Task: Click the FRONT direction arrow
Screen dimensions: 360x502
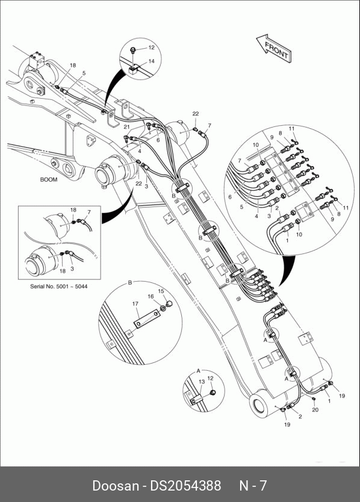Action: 274,48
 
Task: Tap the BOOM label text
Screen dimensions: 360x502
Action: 49,179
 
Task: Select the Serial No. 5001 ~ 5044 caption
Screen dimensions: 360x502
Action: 58,287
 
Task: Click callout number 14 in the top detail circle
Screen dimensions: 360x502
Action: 151,61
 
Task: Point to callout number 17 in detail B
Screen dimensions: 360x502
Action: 135,304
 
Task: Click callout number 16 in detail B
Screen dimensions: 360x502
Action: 151,297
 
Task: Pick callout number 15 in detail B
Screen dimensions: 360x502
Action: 161,291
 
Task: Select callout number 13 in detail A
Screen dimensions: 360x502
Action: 202,382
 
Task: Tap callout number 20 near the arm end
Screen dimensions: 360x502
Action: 315,409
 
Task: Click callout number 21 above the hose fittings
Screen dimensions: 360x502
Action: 127,127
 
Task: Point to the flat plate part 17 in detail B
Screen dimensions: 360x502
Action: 146,319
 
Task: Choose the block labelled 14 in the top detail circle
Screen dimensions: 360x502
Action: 134,69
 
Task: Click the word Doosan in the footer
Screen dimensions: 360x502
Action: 116,486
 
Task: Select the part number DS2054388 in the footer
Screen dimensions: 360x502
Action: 186,486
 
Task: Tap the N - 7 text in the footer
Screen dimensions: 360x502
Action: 253,486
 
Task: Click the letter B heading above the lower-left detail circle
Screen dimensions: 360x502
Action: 130,283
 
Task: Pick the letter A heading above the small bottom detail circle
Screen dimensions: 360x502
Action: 198,371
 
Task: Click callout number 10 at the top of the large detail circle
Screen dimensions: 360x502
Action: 256,145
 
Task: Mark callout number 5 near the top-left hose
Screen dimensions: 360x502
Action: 84,73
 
